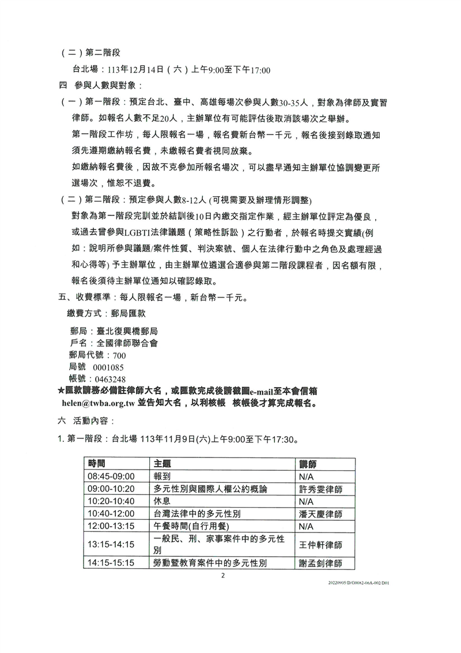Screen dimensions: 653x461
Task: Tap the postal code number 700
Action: pos(119,355)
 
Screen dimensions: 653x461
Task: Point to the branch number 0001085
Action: pos(109,367)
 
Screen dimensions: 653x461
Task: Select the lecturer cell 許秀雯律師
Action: pos(320,489)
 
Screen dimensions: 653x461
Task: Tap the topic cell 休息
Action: pos(163,501)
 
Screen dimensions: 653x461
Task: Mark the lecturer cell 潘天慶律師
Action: pos(320,513)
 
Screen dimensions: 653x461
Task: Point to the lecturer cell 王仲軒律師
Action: pos(320,544)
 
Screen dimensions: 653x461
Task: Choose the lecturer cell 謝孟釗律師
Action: pos(320,562)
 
